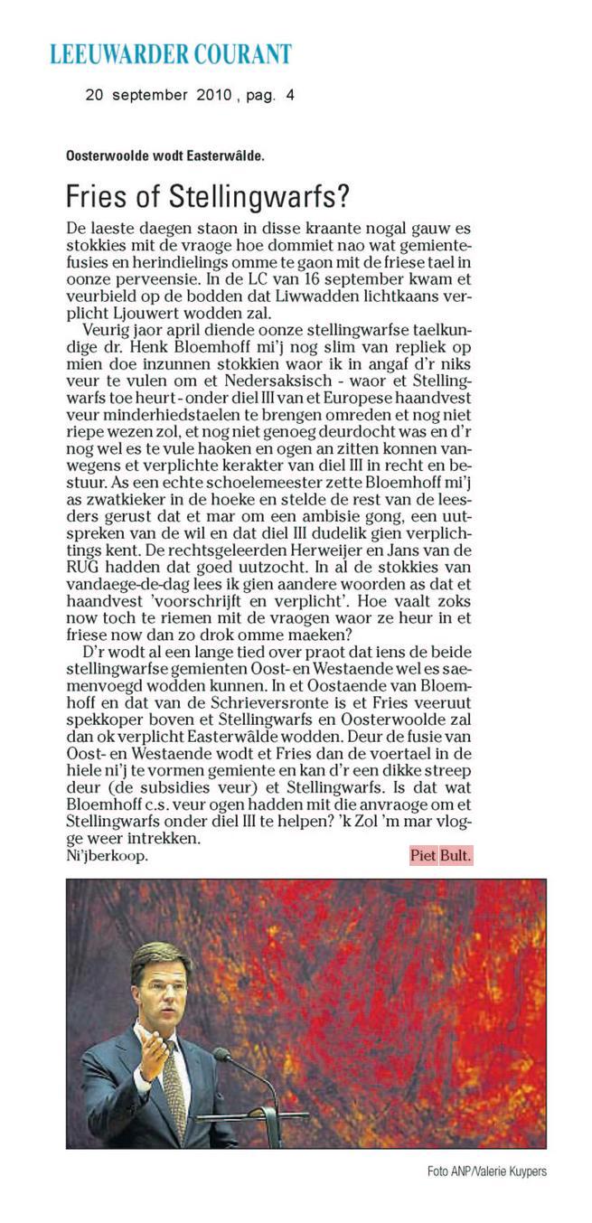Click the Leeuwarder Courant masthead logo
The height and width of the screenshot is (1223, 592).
(171, 54)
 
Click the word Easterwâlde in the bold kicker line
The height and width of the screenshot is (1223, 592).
(224, 156)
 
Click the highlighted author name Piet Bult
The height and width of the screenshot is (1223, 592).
(441, 855)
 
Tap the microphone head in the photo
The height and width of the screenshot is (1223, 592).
(221, 1055)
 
